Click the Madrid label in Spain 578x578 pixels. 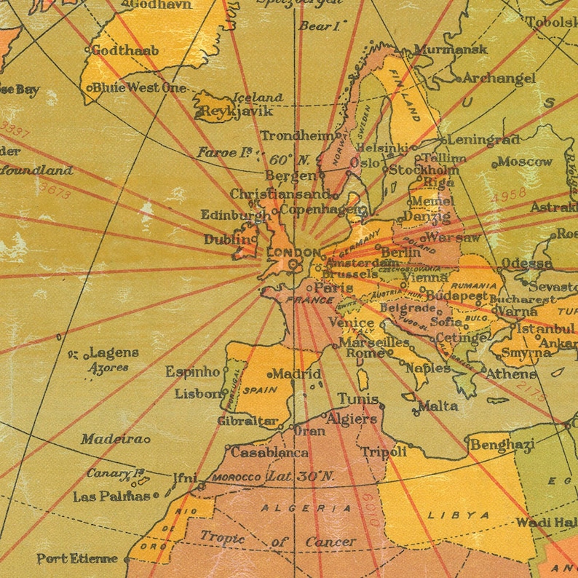pos(296,374)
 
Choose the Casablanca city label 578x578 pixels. pos(269,452)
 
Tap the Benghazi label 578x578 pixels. pos(502,444)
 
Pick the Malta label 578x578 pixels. pos(438,405)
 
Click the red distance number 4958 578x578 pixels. pos(507,197)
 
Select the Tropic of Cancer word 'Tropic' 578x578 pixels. pos(222,538)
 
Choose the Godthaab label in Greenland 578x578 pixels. pos(124,51)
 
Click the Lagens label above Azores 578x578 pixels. pos(114,353)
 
